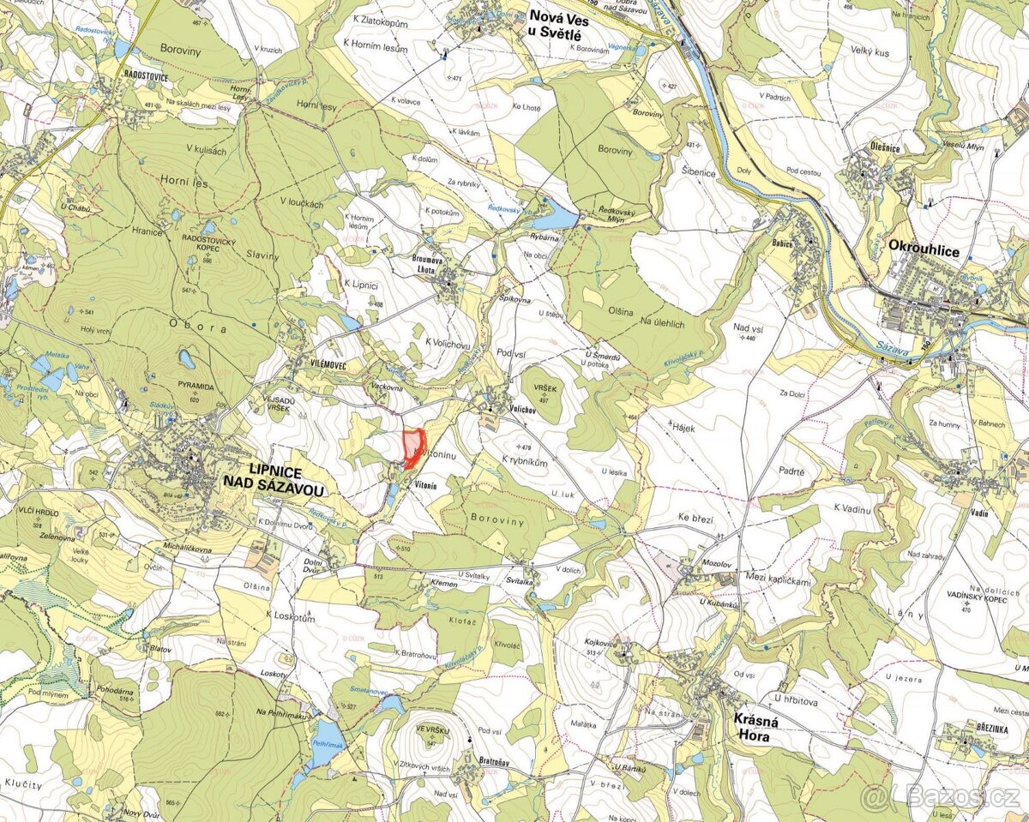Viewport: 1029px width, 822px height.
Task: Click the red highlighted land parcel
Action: point(413,447)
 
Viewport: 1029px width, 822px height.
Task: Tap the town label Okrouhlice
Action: point(924,250)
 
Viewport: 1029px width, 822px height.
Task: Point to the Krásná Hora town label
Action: point(755,728)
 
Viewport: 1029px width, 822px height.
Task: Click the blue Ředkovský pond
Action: point(555,218)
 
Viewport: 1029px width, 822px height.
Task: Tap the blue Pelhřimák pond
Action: point(328,736)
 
